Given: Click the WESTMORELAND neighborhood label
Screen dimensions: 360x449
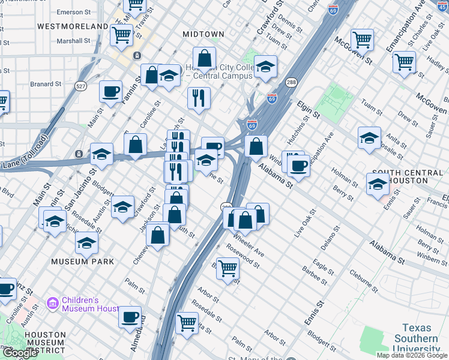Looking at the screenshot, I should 73,26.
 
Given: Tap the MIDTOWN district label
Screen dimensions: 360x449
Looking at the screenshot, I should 205,34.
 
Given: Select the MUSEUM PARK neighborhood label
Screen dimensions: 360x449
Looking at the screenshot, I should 82,262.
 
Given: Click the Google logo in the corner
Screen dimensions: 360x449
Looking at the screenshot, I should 19,353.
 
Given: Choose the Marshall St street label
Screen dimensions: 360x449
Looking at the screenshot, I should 73,41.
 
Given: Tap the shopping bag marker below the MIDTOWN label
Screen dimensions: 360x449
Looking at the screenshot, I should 205,59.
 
